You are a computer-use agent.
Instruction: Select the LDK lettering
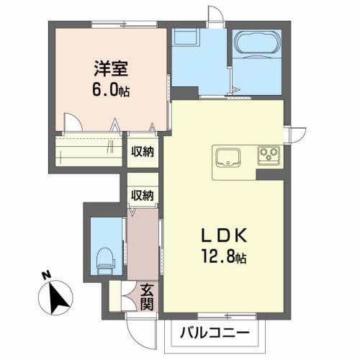point(222,235)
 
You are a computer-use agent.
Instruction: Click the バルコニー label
point(214,333)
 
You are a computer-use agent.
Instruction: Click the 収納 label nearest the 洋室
point(142,151)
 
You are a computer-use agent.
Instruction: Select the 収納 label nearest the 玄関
point(142,195)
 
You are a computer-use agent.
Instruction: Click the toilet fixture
point(105,258)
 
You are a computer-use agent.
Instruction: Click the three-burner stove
point(269,154)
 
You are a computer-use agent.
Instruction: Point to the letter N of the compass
point(45,275)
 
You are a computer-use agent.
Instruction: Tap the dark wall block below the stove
point(269,173)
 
